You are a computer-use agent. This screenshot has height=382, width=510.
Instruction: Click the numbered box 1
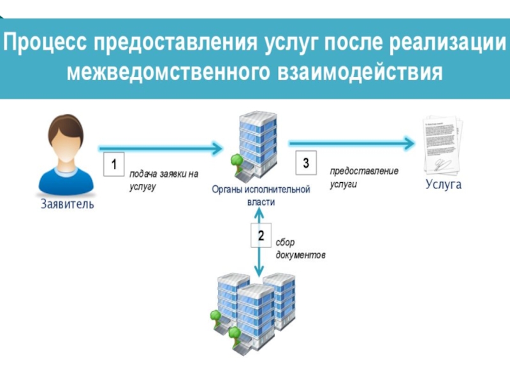[113, 165]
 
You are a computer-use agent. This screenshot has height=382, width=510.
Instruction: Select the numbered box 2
[261, 236]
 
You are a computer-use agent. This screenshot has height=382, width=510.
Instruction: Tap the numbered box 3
[305, 164]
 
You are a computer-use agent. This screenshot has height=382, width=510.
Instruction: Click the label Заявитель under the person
[67, 204]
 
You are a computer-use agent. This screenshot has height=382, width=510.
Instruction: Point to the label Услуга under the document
[443, 185]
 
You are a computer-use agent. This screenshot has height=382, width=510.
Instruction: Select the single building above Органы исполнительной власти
[256, 147]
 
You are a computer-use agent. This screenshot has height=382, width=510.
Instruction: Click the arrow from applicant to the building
[159, 148]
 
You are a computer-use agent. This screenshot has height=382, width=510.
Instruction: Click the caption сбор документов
[300, 249]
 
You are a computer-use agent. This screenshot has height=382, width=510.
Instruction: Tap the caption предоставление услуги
[363, 178]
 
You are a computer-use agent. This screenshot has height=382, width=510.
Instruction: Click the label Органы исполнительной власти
[261, 195]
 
